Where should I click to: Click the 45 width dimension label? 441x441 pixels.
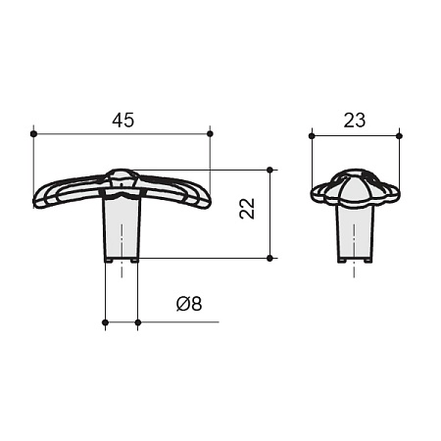click(123, 121)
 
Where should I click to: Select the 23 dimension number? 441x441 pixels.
click(355, 121)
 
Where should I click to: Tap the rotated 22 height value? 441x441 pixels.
click(247, 209)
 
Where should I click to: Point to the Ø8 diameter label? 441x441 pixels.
click(189, 304)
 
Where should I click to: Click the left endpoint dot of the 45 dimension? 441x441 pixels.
click(33, 133)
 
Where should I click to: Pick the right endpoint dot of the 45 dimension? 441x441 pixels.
click(210, 133)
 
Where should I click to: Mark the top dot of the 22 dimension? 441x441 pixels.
click(269, 170)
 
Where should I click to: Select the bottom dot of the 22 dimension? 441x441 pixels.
click(269, 258)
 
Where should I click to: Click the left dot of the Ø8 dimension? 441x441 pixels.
click(105, 322)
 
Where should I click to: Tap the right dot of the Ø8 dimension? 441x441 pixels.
click(138, 322)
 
